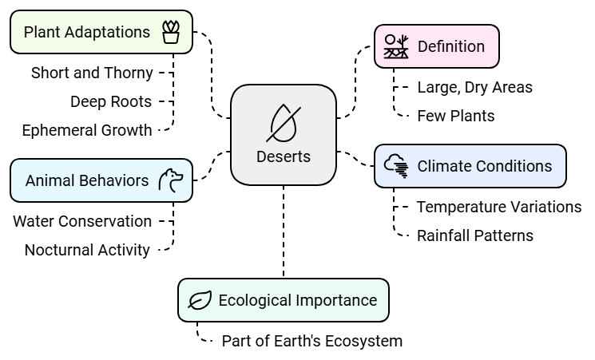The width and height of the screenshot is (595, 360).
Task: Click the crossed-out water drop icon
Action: coord(283,122)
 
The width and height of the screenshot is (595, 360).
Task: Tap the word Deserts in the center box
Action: coord(284,156)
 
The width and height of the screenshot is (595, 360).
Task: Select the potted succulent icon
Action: coord(170,32)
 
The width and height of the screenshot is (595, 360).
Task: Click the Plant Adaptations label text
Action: coord(87,32)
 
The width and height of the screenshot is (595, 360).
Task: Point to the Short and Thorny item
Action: coord(92,73)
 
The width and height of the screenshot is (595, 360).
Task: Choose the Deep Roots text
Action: coord(111,101)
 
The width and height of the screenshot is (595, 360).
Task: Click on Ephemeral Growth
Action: coord(87,129)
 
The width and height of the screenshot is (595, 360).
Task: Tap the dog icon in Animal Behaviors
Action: coord(171,180)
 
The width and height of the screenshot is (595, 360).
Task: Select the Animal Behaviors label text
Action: coord(87,180)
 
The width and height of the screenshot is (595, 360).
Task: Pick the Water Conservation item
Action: coord(82,221)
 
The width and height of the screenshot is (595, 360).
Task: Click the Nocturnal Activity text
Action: coord(87,250)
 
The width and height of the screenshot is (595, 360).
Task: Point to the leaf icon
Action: coord(200,300)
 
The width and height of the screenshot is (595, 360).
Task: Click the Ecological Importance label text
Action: coord(297,300)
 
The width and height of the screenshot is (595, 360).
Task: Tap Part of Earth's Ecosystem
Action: coord(312,341)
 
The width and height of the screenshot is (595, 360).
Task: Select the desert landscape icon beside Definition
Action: coord(396,46)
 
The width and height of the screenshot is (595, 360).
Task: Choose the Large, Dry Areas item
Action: coord(474,87)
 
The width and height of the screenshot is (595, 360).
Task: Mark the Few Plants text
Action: coord(456,116)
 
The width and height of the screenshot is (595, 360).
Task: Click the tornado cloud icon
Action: coord(397,166)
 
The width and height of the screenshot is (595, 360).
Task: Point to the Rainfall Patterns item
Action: coord(475,235)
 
